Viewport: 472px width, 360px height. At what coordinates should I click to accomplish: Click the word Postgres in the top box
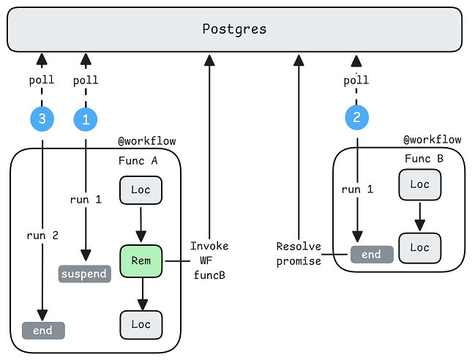click(234, 29)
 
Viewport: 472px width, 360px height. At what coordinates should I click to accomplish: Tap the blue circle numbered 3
click(42, 119)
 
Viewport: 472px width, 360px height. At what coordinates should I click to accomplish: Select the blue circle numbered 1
click(86, 119)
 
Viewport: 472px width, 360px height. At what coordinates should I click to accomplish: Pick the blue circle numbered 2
click(356, 117)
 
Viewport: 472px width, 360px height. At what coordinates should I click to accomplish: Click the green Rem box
click(141, 261)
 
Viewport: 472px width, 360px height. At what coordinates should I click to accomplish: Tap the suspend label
click(84, 274)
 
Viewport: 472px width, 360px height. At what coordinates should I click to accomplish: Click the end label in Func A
click(43, 331)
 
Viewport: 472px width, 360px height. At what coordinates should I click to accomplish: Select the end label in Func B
click(372, 255)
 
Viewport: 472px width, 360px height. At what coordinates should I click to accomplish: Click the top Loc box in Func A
click(141, 190)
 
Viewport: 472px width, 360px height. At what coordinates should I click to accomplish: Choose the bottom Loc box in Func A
click(141, 324)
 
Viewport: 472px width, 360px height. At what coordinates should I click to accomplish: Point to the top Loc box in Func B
click(420, 184)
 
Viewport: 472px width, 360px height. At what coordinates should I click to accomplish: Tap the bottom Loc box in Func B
click(420, 248)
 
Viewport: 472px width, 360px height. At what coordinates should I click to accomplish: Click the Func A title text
click(138, 161)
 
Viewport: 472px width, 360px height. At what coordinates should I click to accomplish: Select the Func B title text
click(424, 159)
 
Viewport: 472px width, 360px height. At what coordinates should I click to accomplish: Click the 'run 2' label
click(42, 236)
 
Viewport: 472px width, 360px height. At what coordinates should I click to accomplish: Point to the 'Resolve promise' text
click(299, 254)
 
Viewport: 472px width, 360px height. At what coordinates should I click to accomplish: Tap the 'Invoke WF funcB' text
click(209, 260)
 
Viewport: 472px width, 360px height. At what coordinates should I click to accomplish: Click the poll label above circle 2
click(356, 80)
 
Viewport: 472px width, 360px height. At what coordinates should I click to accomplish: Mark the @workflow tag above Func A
click(147, 141)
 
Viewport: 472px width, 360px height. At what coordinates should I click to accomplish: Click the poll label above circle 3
click(42, 80)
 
